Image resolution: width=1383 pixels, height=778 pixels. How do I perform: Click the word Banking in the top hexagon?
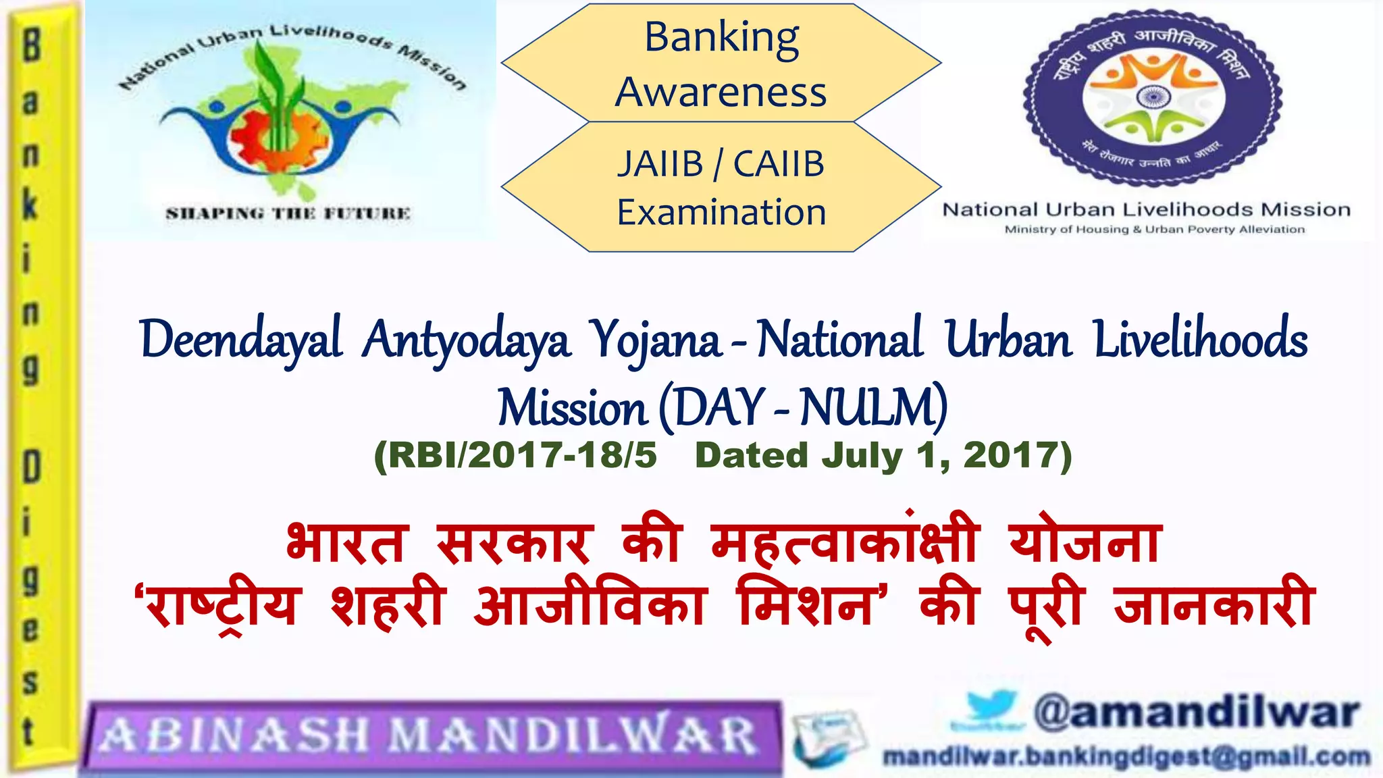click(721, 38)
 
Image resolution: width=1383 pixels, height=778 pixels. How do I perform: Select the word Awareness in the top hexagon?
click(721, 92)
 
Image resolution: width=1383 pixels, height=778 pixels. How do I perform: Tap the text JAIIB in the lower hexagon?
click(660, 164)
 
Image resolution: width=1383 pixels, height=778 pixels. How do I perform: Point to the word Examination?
click(721, 213)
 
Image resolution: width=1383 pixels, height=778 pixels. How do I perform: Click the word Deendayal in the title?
click(241, 339)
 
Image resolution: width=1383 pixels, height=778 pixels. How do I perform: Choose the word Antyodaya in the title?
click(466, 339)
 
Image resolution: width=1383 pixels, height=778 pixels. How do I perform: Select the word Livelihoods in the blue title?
click(1200, 339)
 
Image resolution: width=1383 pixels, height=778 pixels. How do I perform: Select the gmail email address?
click(1126, 757)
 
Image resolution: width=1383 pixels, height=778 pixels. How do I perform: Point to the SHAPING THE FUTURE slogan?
click(288, 213)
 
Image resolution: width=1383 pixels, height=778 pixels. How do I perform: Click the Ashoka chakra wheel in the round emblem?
click(1152, 97)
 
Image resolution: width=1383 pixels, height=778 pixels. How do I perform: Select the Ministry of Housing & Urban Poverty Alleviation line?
click(1154, 230)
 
